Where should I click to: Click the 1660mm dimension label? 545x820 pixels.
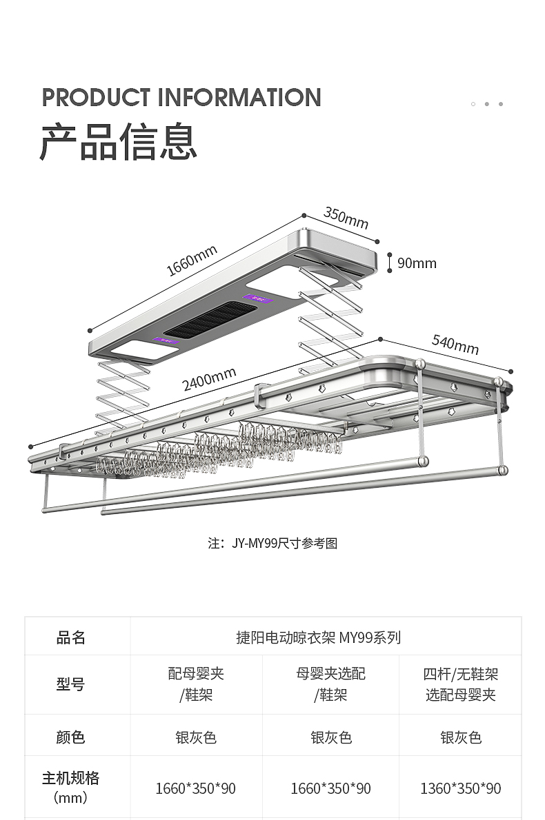coord(192,260)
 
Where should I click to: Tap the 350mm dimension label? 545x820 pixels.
coord(346,218)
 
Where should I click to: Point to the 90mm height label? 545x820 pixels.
coord(417,263)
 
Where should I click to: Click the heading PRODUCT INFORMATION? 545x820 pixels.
coord(181,97)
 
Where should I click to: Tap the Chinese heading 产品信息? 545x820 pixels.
coord(119,143)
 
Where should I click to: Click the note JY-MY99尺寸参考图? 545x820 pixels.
coord(272,543)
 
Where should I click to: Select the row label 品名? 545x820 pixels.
coord(71,637)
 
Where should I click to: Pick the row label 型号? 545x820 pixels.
coord(71,684)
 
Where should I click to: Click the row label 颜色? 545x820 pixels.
coord(71,737)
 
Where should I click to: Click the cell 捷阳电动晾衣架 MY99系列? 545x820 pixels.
coord(318,637)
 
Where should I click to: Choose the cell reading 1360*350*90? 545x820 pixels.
coord(461,788)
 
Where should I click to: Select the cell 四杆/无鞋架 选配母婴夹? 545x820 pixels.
coord(461,684)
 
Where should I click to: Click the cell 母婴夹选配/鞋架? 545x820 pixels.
coord(331,684)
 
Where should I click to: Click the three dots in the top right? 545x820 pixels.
coord(487,104)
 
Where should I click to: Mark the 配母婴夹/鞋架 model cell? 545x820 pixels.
coord(196,684)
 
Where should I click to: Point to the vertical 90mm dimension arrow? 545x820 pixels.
coord(390,263)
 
